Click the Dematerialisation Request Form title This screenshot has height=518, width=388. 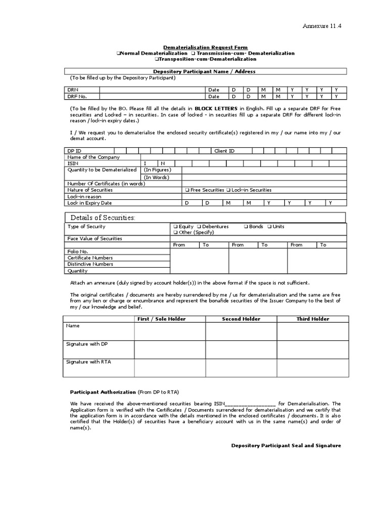click(x=205, y=47)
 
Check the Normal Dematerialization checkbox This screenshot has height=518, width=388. click(x=118, y=53)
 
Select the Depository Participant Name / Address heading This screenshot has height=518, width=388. click(x=205, y=72)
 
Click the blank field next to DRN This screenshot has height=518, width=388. click(x=152, y=90)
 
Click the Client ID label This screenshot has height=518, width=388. click(x=224, y=151)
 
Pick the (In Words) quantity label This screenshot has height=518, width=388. click(x=156, y=177)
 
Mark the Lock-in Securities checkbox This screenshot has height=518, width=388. click(x=229, y=190)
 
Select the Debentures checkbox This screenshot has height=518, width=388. click(x=199, y=227)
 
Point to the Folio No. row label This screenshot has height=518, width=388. click(x=78, y=251)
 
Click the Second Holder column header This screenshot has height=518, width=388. click(x=241, y=319)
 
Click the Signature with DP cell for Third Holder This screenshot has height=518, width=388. click(x=312, y=349)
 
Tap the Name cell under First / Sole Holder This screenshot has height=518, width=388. click(x=169, y=331)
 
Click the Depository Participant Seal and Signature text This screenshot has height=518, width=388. click(x=286, y=446)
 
